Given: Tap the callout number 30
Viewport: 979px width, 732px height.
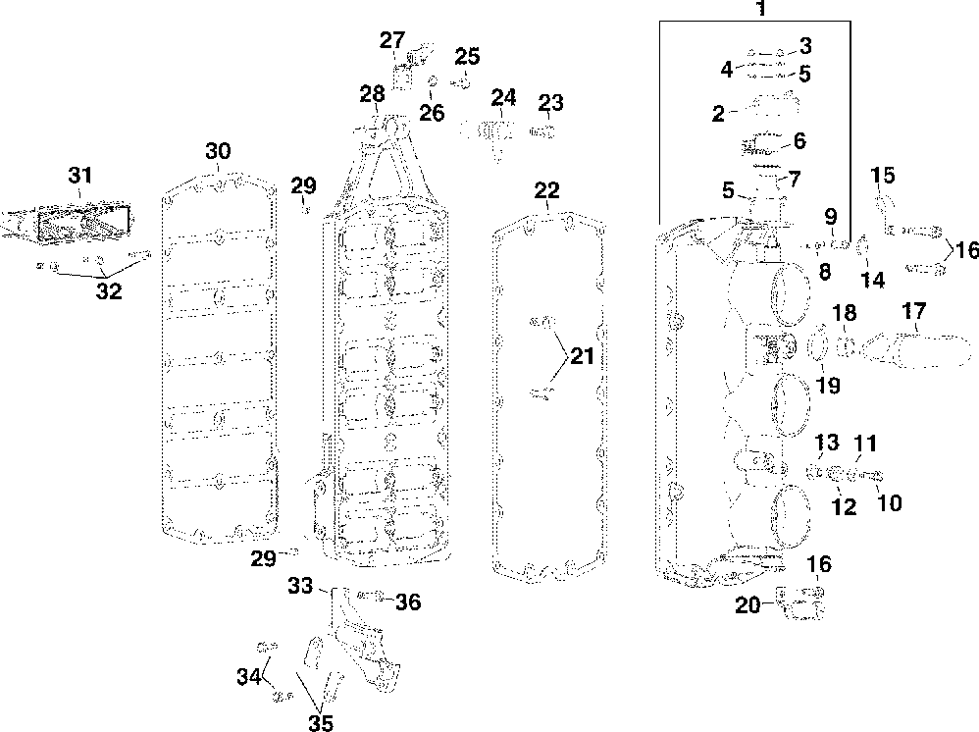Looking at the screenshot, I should click(x=218, y=151).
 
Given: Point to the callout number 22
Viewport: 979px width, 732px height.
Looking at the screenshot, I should click(x=546, y=190).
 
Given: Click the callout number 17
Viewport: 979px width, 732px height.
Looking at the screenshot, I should click(x=913, y=313).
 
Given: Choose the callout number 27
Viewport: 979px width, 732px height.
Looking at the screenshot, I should click(x=392, y=40).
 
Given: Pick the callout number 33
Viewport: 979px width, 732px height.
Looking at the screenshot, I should click(x=300, y=586).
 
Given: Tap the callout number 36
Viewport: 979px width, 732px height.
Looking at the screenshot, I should click(x=407, y=601).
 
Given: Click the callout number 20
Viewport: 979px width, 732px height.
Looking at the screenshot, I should click(x=748, y=605).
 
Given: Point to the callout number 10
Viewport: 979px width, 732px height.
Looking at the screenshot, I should click(x=889, y=503).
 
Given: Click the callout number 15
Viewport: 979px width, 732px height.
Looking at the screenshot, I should click(x=883, y=176).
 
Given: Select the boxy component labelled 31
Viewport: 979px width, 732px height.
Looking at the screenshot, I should click(x=74, y=220).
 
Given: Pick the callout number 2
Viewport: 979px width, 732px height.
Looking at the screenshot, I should click(x=718, y=115).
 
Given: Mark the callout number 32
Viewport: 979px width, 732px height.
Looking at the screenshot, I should click(x=108, y=291).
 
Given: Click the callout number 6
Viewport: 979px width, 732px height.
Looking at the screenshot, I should click(x=799, y=140).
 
